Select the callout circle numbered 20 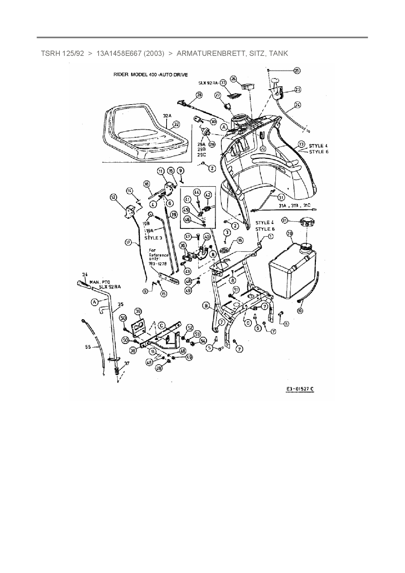(289, 233)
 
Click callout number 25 (297, 71)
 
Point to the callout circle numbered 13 (301, 144)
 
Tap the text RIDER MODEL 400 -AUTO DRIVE (150, 74)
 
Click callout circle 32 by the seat (176, 124)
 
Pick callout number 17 (128, 242)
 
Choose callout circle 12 (113, 197)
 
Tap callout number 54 (203, 340)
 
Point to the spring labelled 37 (116, 371)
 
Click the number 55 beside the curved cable (88, 347)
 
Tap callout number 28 (199, 95)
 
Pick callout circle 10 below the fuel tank (300, 310)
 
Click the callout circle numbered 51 (236, 289)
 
